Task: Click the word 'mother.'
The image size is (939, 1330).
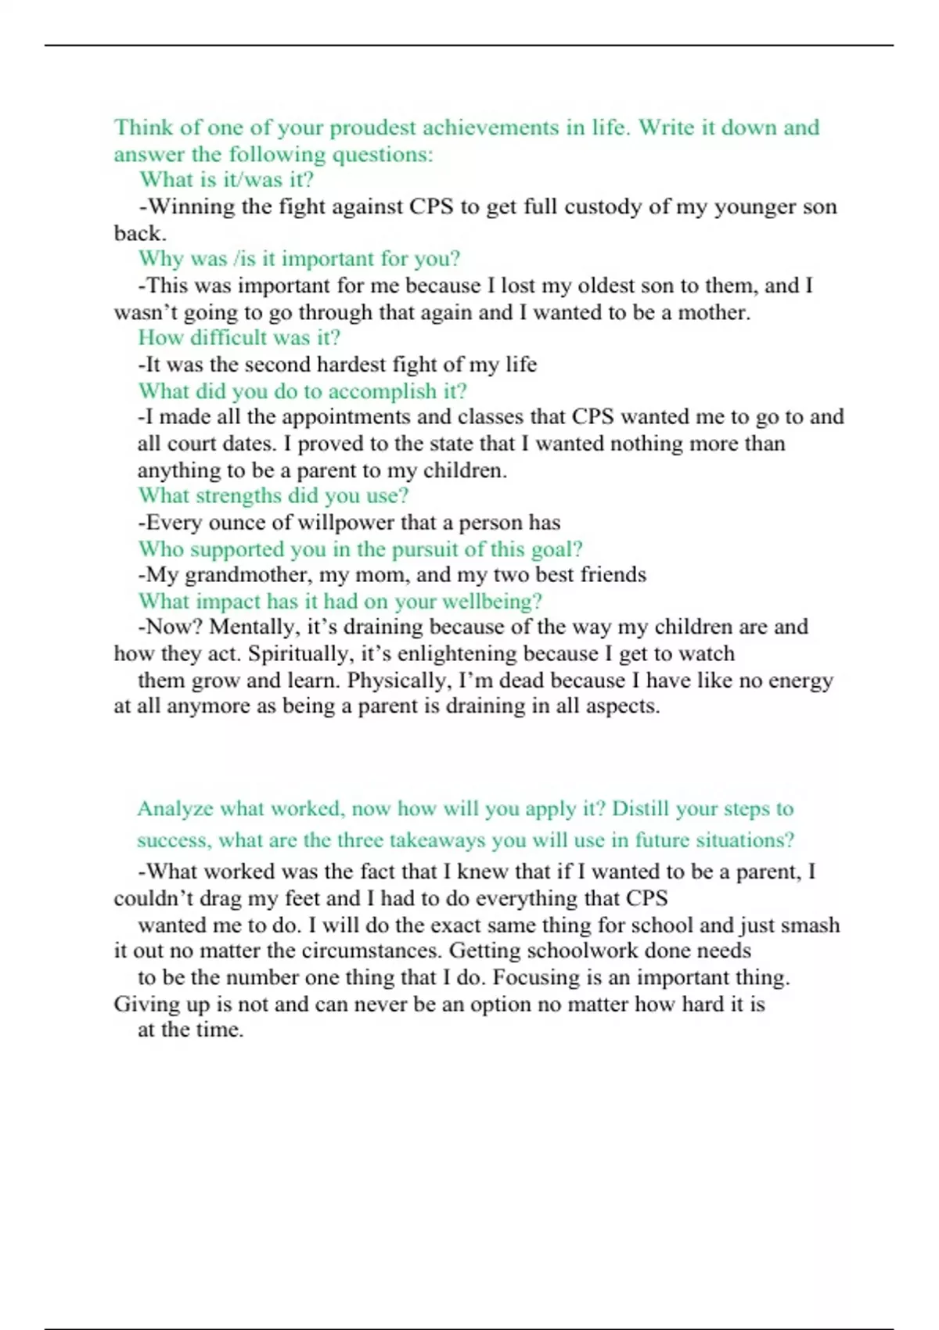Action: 714,312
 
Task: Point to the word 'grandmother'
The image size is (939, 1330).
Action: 248,575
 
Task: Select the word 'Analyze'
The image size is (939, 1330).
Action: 174,809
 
